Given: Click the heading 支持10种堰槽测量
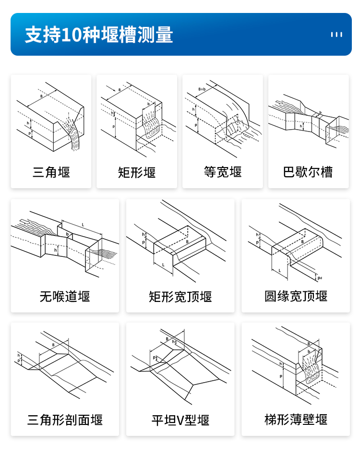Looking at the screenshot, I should click(x=99, y=35).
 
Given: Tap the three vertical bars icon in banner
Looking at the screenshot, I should click(x=336, y=35).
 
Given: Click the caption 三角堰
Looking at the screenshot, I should click(x=51, y=172).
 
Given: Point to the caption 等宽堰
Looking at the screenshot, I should click(x=223, y=172).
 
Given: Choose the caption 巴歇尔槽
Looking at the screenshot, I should click(x=308, y=172).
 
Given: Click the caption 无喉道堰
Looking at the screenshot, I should click(x=65, y=296).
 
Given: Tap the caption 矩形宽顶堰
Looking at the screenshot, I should click(x=180, y=297).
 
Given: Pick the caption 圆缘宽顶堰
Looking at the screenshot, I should click(x=296, y=296).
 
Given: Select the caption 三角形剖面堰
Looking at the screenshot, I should click(x=65, y=421).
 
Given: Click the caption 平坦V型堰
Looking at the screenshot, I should click(x=180, y=421).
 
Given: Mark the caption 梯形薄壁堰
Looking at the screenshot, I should click(x=296, y=420).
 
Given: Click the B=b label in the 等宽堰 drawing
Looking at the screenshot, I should click(x=202, y=90).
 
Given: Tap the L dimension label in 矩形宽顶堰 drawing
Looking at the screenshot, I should click(x=163, y=265).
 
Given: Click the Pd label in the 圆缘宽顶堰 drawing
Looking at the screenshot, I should click(x=320, y=277).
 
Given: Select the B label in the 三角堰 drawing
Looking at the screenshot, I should click(x=41, y=96).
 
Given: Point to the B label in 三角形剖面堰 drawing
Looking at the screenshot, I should click(x=53, y=345).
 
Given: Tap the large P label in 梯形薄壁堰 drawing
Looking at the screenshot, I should click(x=281, y=377).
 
